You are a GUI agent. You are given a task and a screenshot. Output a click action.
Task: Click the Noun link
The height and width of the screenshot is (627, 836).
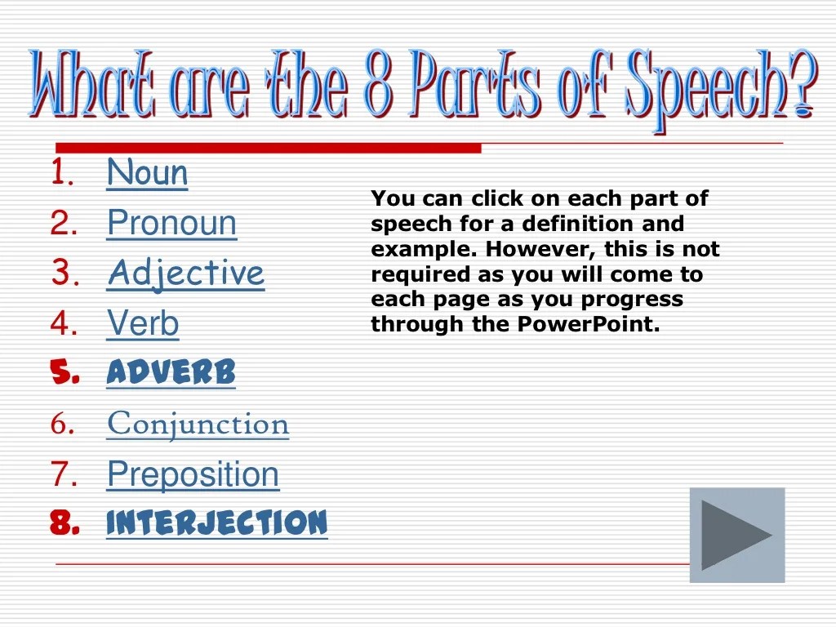coord(147,173)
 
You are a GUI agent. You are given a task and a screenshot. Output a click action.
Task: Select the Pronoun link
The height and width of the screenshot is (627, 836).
coord(171,224)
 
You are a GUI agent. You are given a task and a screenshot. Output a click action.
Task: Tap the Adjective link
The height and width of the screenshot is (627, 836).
coord(185,273)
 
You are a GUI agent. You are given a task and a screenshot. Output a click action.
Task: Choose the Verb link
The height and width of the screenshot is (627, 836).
coord(143,324)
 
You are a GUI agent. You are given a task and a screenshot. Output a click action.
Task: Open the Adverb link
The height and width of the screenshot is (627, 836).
coord(171,373)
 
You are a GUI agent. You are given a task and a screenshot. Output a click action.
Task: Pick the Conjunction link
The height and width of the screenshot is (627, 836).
coord(198,424)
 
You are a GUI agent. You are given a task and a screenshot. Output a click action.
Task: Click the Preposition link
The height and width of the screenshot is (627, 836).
coord(193,474)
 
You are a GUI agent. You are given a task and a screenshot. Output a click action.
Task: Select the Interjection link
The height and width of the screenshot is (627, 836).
coord(216,523)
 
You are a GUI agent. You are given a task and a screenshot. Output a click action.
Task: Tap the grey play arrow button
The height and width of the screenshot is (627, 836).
coord(736,535)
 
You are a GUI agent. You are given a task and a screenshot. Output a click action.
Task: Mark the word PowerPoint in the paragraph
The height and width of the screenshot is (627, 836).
coord(587,325)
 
